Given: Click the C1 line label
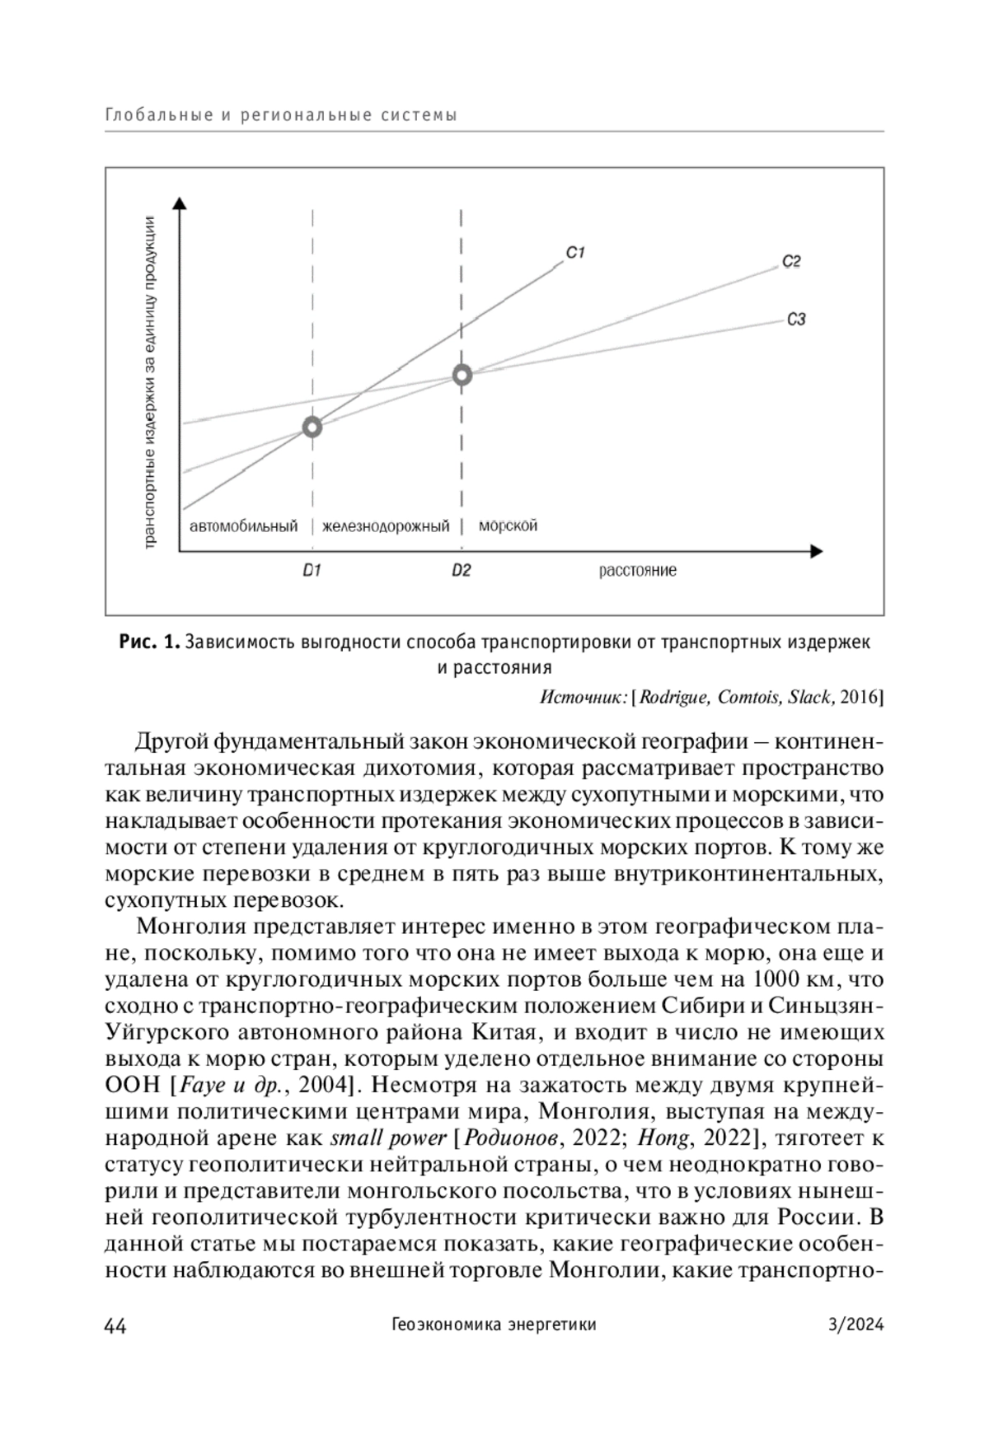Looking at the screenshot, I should (x=575, y=253).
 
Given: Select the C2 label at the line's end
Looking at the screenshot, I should (x=791, y=262).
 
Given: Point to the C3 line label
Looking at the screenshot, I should (x=795, y=319).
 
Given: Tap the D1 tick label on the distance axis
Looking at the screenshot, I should (x=311, y=570).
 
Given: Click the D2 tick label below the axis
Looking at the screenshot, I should (x=461, y=570).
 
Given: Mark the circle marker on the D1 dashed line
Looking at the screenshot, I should (x=312, y=427).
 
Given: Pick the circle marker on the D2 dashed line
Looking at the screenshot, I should (x=462, y=376).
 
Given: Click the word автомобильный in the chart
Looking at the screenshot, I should (x=243, y=526).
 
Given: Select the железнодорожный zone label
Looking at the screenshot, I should (x=386, y=526).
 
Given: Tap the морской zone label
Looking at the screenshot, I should (x=508, y=525).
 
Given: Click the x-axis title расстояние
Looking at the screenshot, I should (x=637, y=570).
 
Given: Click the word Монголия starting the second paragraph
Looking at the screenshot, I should (x=190, y=926).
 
